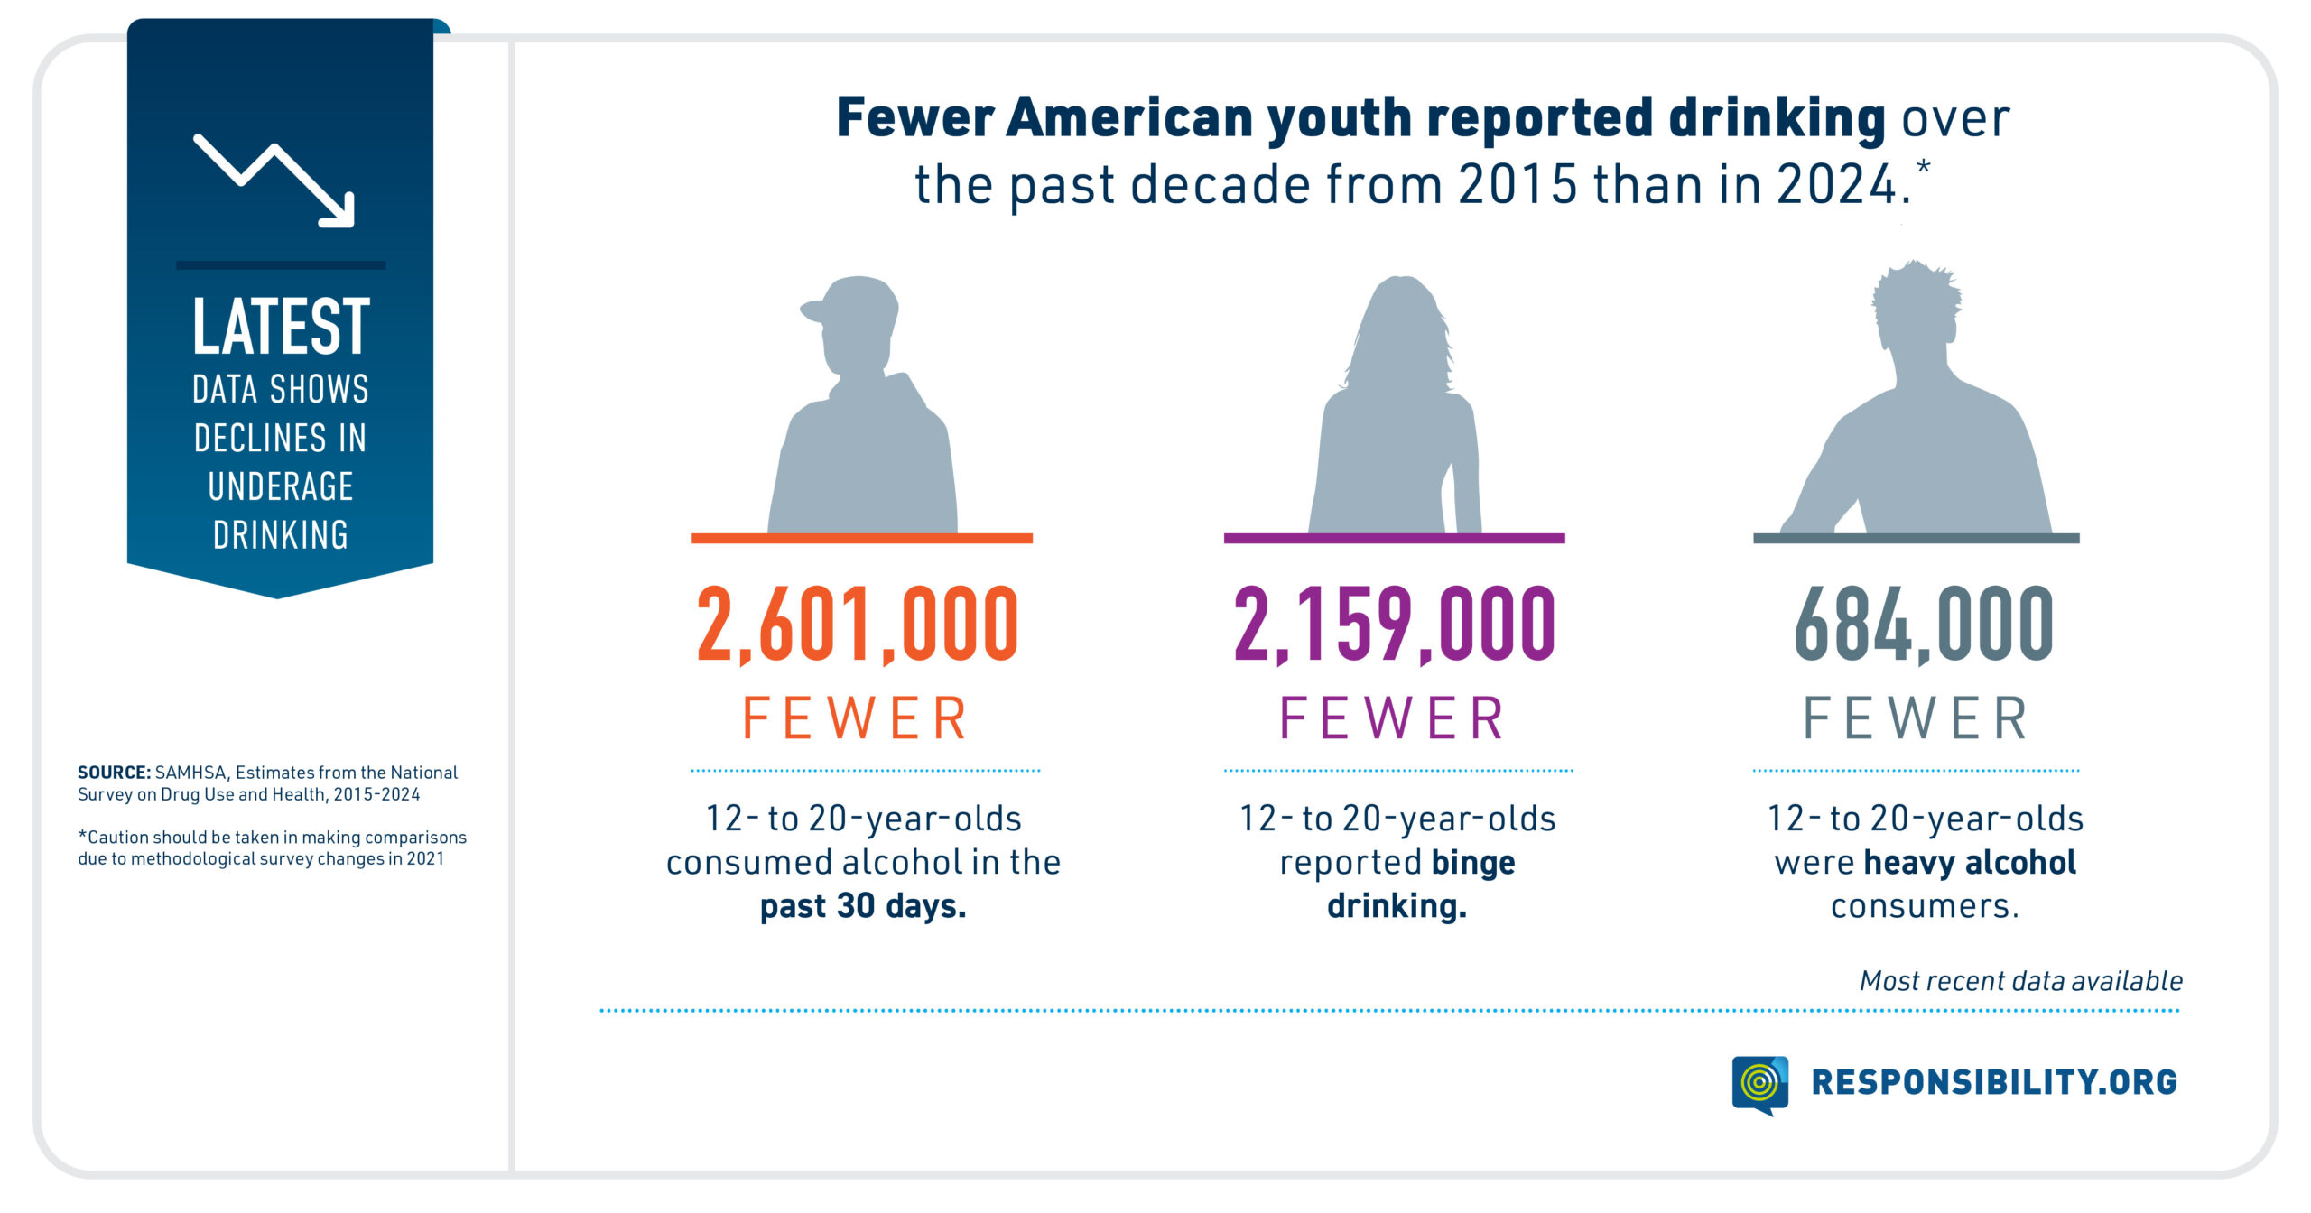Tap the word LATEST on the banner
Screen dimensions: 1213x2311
coord(281,327)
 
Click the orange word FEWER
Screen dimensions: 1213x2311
coord(856,719)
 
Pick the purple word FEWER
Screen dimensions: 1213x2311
coord(1393,719)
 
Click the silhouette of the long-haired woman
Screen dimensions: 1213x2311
coord(1397,415)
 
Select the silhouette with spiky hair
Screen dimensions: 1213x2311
coord(1918,415)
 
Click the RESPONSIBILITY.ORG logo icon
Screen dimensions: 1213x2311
coord(1759,1084)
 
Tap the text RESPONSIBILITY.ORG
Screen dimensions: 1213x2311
coord(1994,1082)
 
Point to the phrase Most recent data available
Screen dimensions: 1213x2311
coord(2020,981)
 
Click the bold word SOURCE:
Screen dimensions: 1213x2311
coord(114,773)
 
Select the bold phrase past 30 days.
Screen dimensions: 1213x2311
coord(863,906)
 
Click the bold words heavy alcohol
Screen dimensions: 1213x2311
coord(1970,863)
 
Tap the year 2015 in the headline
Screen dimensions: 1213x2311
coord(1517,185)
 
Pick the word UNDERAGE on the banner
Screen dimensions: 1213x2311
coord(281,487)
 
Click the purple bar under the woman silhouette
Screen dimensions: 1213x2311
coord(1394,539)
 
